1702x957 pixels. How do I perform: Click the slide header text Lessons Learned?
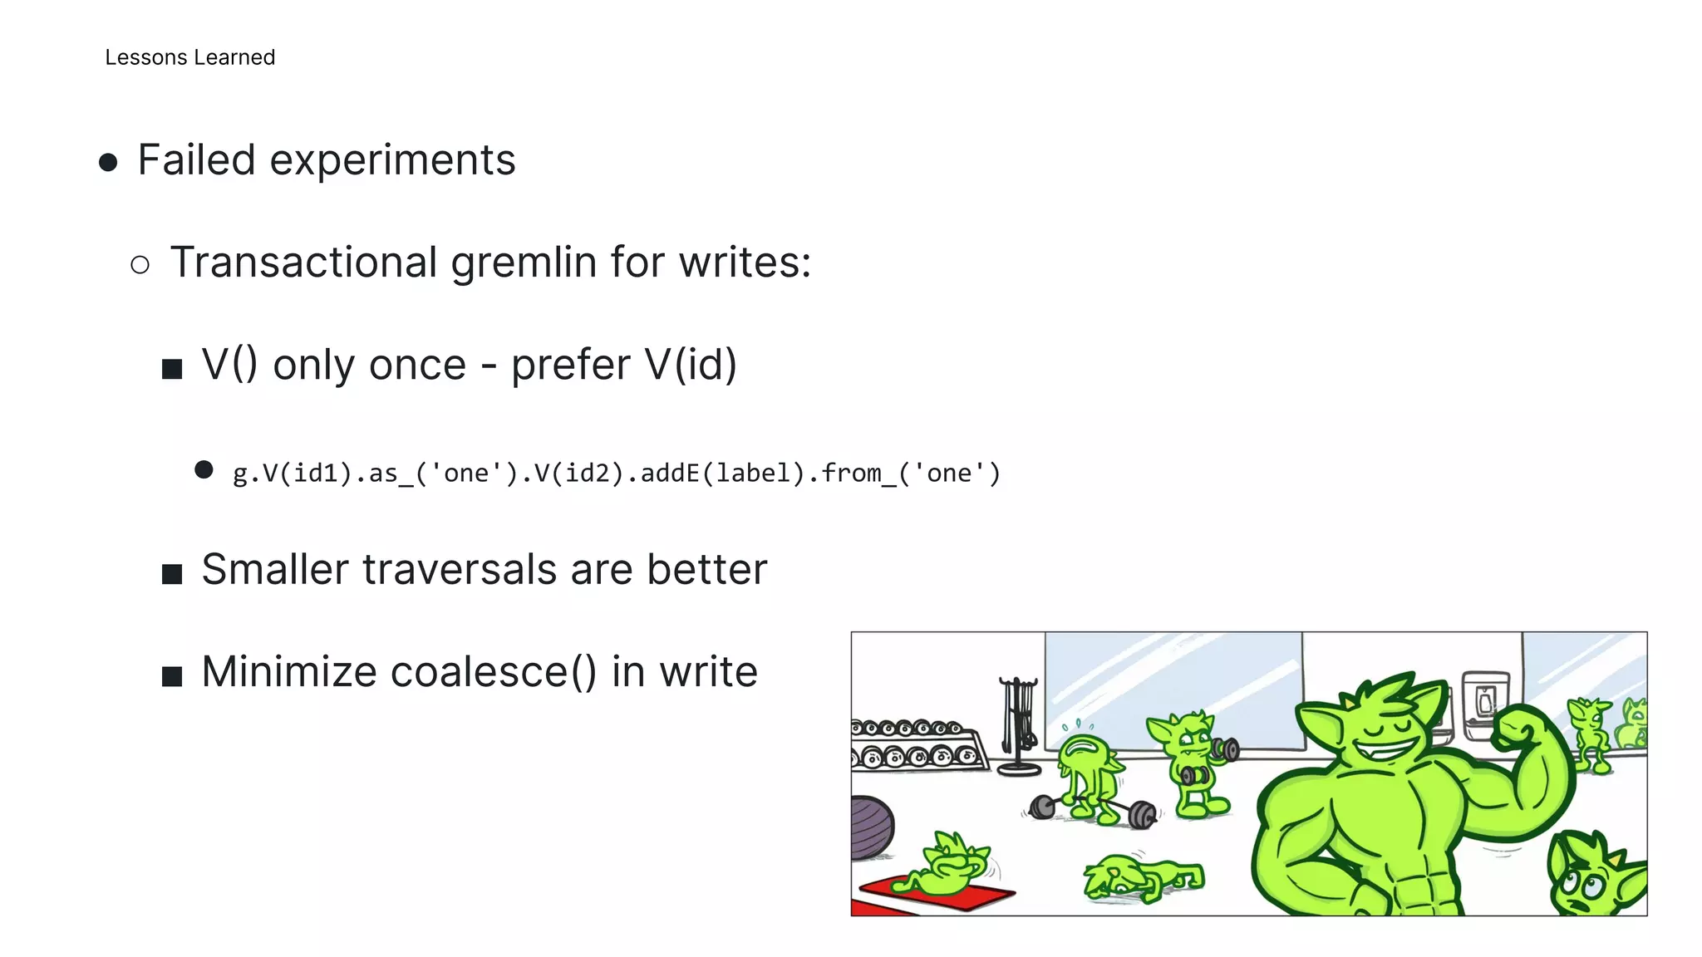point(189,57)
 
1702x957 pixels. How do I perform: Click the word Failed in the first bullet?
point(196,159)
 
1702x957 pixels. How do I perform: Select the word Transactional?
point(303,263)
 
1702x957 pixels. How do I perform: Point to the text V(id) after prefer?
point(691,365)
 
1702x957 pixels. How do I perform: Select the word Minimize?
point(288,671)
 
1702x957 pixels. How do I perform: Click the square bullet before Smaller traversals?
point(172,573)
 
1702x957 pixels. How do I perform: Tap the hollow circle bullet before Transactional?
point(140,265)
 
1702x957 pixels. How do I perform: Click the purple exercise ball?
point(871,827)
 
